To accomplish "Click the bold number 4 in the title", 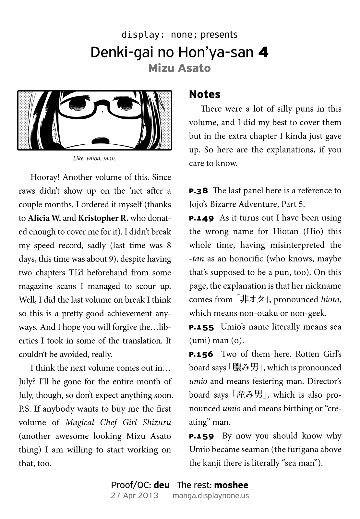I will point(263,53).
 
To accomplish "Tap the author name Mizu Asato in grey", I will point(179,68).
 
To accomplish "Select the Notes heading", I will point(205,94).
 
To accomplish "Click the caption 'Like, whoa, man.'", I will point(94,159).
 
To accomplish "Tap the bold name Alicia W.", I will point(44,218).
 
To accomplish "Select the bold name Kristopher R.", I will point(103,218).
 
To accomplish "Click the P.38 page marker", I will point(198,191).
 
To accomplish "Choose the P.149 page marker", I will point(201,218).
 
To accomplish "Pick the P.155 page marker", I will point(201,327).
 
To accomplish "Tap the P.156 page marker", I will point(201,354).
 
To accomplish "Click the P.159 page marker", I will point(201,436).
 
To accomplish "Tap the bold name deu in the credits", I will point(162,485).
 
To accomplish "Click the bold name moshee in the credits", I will point(231,485).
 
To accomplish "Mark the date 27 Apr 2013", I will point(135,496).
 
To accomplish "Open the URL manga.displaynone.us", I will point(211,496).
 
